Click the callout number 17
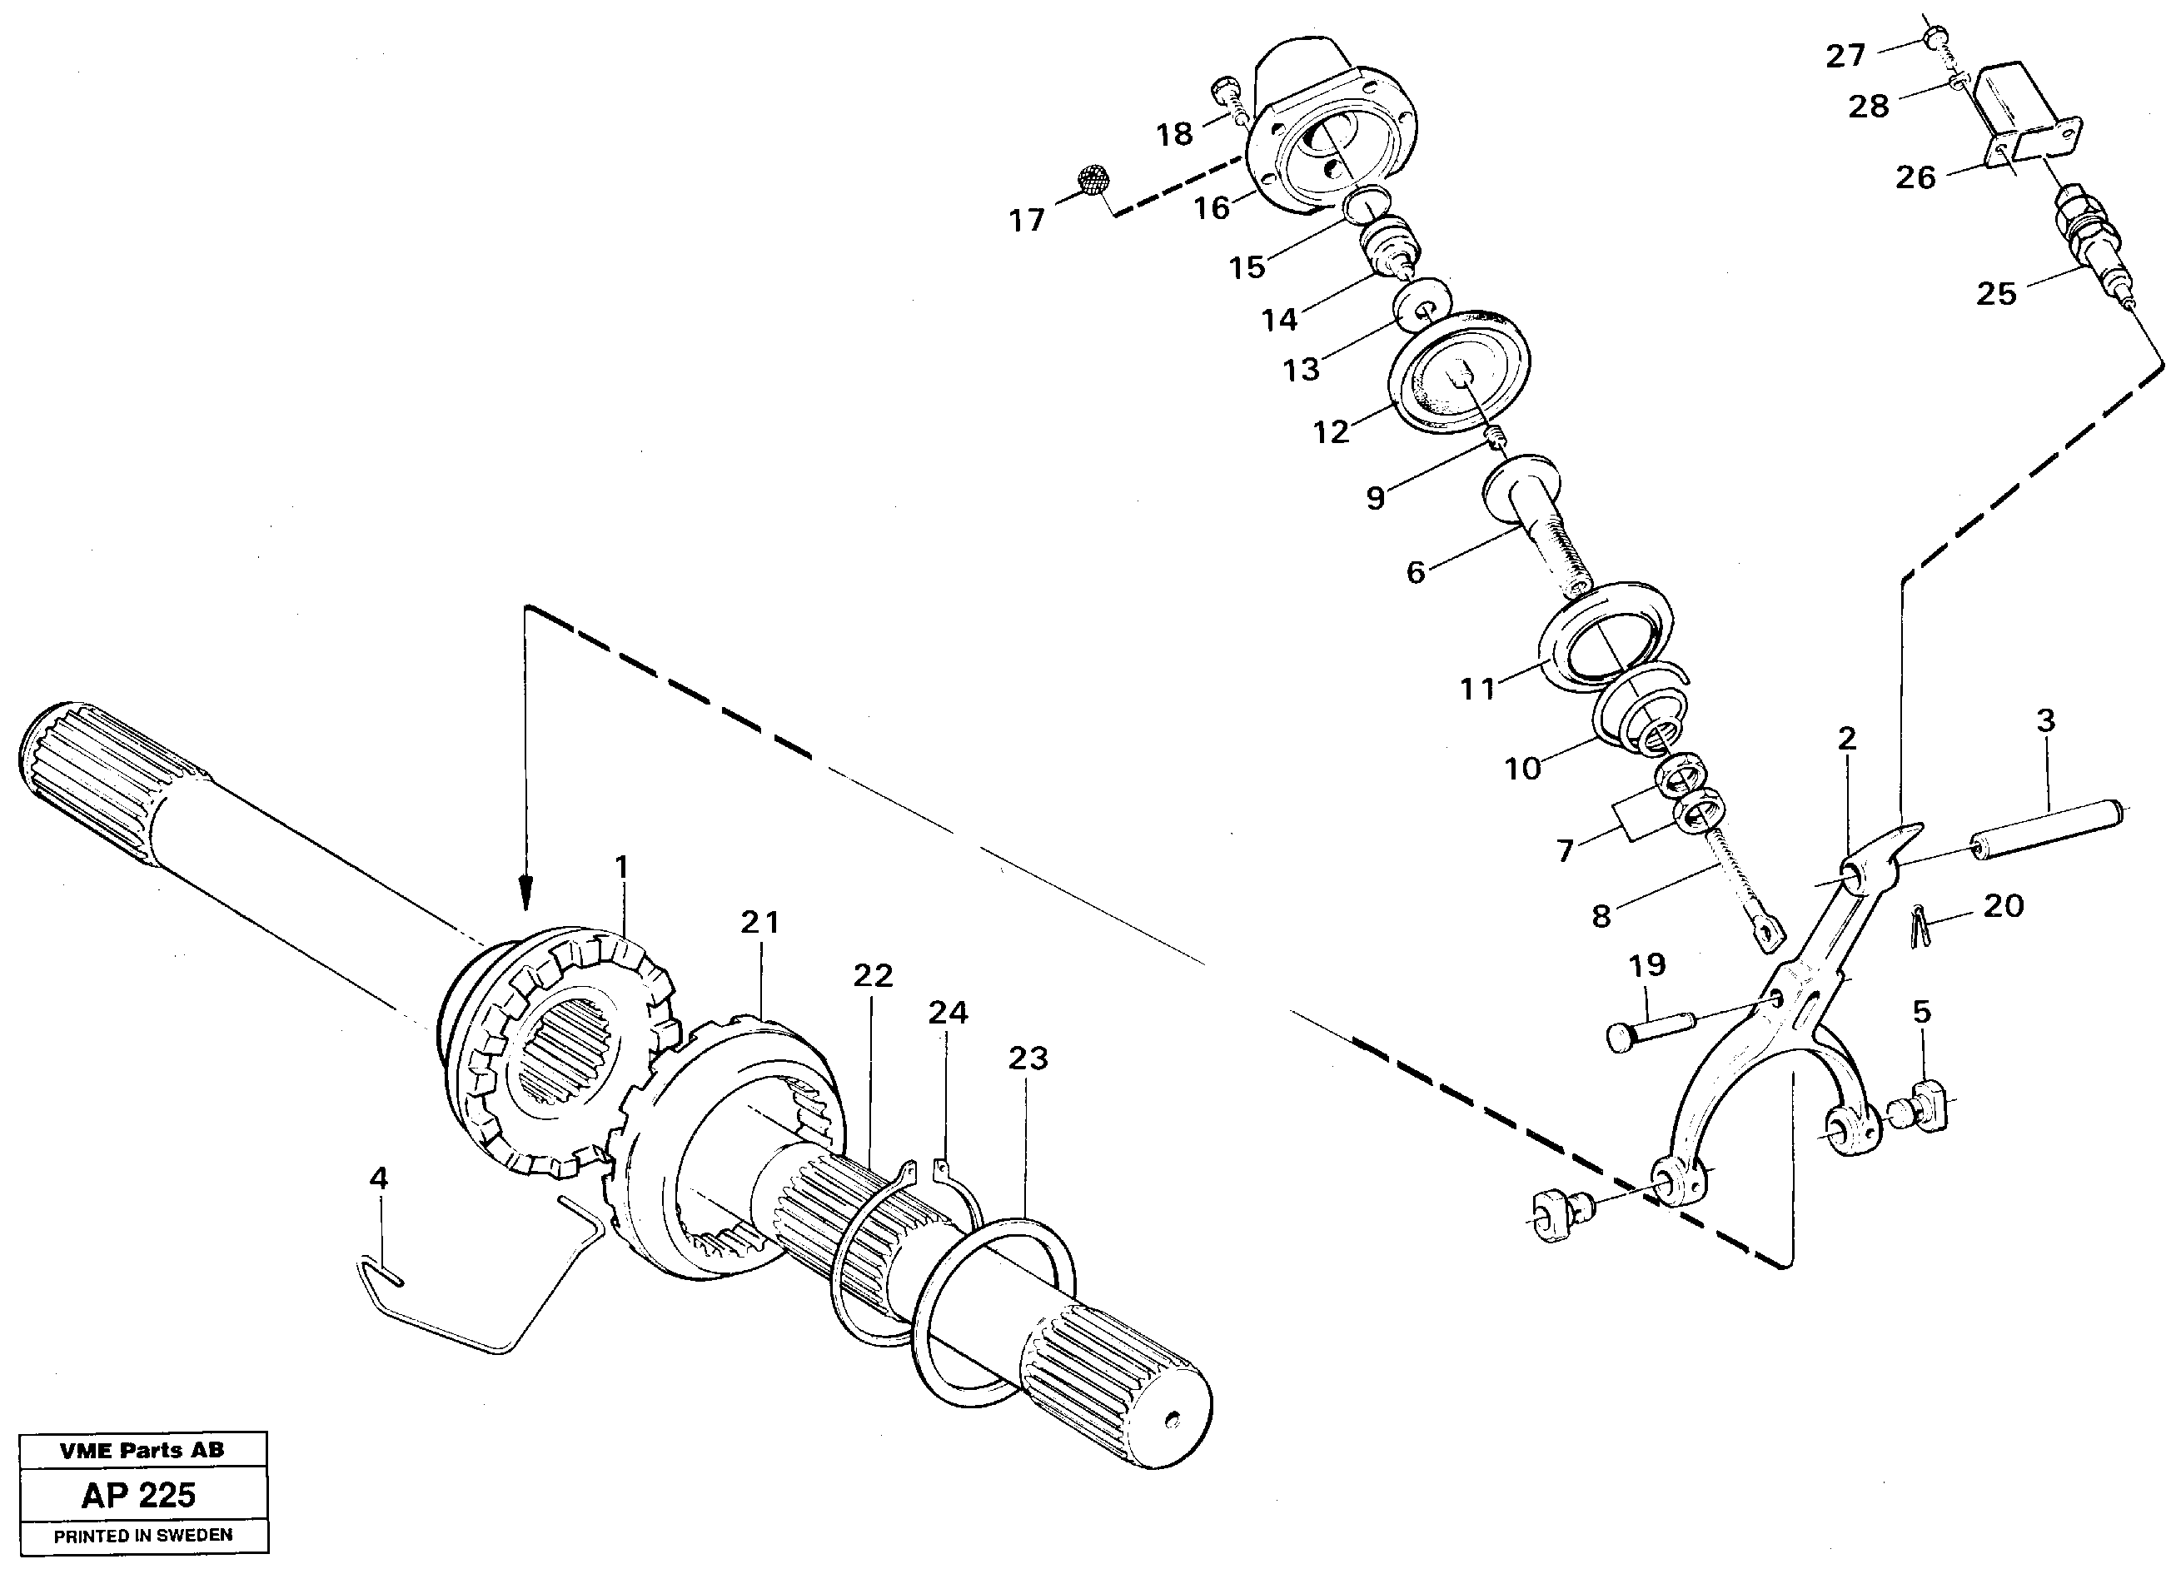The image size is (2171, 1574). (1026, 222)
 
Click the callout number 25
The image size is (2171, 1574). (1996, 294)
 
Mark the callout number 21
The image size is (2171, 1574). (760, 923)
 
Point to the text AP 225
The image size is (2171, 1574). (139, 1495)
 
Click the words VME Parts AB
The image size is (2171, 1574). (142, 1450)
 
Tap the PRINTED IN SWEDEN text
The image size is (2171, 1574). (142, 1535)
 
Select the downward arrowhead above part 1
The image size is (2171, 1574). (524, 895)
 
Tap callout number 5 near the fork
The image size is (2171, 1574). (1922, 1012)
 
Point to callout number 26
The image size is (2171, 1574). (1915, 177)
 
